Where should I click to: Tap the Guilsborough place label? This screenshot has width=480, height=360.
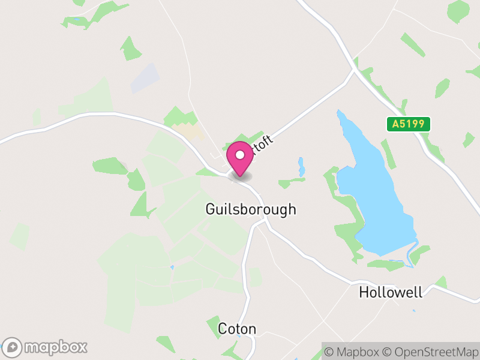251,209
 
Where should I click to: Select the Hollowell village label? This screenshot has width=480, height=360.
391,292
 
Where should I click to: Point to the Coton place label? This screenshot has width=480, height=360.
237,329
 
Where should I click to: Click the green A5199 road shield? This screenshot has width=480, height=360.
408,124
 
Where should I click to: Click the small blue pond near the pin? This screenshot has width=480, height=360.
301,166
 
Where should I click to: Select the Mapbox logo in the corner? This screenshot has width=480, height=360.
46,347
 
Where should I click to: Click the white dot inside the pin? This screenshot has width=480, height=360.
240,155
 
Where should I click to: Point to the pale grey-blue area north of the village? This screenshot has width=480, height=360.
145,78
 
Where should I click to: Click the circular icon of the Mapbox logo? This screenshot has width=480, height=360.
13,347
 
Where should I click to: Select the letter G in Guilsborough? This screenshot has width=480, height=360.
211,209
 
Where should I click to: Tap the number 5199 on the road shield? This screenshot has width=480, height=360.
413,124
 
